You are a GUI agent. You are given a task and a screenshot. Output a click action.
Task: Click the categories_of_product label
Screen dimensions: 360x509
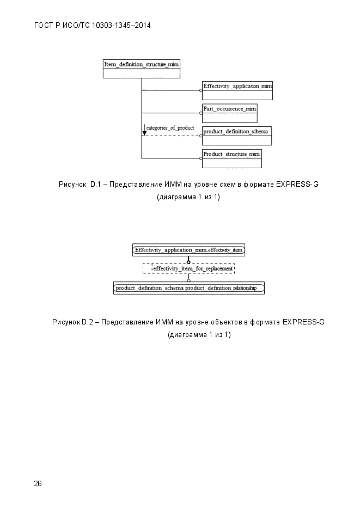(170, 128)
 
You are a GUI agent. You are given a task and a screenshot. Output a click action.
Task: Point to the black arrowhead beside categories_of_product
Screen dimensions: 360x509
(144, 133)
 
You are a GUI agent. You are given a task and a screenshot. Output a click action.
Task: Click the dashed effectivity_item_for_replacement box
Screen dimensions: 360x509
(188, 268)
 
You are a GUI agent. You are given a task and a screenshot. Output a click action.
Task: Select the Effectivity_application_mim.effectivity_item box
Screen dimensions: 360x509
(188, 250)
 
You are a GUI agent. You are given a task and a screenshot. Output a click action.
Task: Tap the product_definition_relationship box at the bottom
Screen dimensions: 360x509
(189, 288)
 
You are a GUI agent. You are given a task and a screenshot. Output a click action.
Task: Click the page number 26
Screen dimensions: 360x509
(38, 483)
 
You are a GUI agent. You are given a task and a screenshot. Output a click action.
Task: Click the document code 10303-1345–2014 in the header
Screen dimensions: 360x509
(121, 26)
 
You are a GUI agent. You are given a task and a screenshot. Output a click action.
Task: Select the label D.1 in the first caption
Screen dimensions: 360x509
(96, 185)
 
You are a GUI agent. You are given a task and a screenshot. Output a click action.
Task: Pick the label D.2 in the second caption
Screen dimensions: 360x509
(87, 322)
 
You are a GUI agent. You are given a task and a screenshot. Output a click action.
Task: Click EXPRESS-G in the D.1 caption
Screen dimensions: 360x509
(297, 185)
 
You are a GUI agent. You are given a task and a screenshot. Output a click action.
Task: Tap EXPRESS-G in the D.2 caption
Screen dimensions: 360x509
(303, 322)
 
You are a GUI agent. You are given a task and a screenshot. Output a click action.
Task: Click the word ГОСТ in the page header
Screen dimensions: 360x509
(44, 26)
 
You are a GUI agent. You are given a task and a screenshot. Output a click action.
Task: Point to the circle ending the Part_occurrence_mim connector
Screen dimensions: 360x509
(201, 113)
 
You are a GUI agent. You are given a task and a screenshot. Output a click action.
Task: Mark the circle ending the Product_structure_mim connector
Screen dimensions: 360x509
(201, 158)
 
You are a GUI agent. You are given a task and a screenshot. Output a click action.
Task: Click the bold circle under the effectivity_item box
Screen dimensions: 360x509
(188, 262)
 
